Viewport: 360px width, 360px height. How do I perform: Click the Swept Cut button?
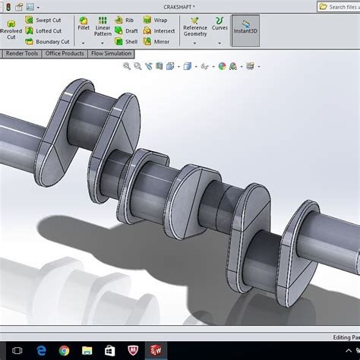(x=47, y=20)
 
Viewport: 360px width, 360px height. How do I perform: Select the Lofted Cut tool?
(x=47, y=31)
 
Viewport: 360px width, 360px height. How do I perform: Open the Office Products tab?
(x=65, y=54)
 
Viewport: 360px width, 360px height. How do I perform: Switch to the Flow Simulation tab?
(x=111, y=54)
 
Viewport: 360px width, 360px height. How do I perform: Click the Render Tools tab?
(x=21, y=54)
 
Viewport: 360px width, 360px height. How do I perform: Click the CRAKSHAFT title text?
(x=179, y=6)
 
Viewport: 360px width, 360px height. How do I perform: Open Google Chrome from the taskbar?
(x=64, y=350)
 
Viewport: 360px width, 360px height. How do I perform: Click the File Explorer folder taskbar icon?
(x=86, y=350)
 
